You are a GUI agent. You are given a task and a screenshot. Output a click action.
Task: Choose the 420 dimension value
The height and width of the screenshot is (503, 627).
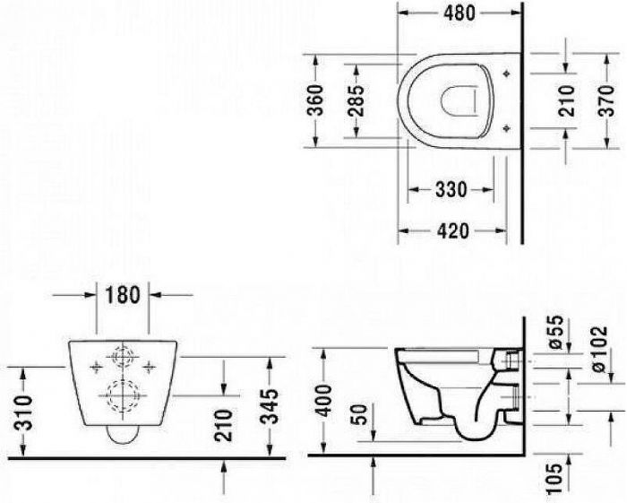click(451, 230)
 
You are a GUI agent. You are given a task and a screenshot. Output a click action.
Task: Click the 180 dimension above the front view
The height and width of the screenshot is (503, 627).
click(123, 295)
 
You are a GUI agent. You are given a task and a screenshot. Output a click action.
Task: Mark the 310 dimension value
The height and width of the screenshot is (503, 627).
click(21, 412)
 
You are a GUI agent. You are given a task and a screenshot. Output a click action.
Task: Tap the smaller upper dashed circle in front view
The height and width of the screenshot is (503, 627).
click(122, 359)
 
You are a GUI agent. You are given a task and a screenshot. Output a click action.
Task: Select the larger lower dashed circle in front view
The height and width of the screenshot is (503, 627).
click(122, 395)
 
